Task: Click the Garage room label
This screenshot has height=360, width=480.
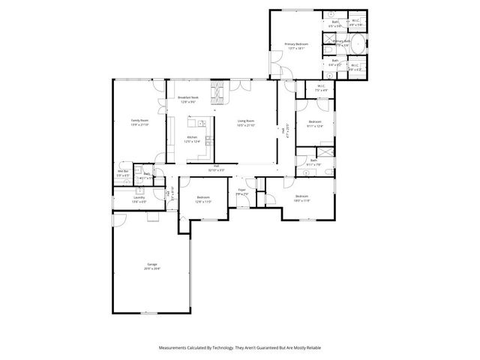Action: click(153, 266)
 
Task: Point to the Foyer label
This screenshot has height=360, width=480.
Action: click(242, 191)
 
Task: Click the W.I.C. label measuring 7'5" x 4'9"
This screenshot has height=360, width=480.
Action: click(321, 88)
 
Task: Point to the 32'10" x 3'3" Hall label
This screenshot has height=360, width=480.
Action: click(215, 168)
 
